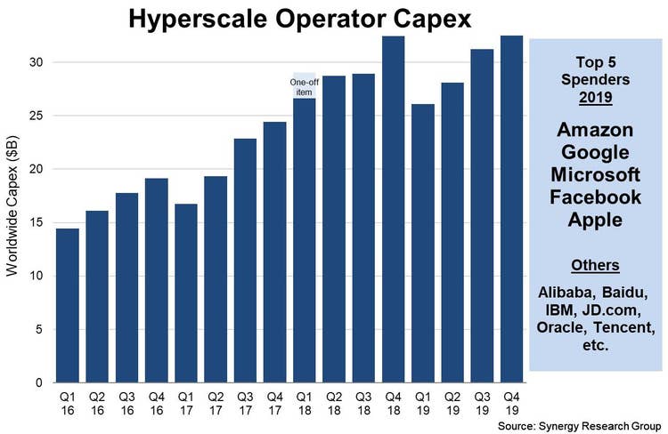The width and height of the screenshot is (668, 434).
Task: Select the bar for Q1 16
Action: click(x=68, y=305)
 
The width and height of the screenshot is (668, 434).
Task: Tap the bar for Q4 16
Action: click(x=157, y=280)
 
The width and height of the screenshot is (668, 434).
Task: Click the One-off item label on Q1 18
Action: click(x=305, y=86)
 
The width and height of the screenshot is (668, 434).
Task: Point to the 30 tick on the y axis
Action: click(x=35, y=62)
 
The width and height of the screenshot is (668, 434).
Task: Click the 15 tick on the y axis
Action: click(x=35, y=222)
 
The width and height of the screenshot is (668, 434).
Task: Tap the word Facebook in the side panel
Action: click(x=596, y=196)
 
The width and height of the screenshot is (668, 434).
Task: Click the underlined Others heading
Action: click(x=596, y=265)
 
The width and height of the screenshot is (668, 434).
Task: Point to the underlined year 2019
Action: click(x=596, y=96)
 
